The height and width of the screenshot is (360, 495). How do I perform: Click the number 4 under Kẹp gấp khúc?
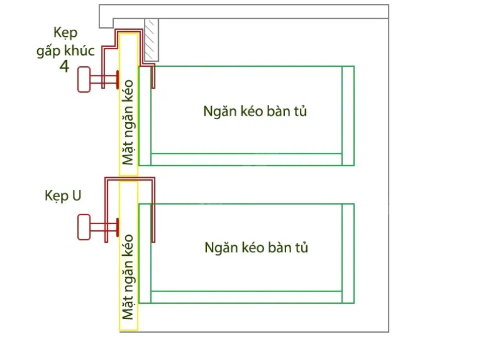(64, 66)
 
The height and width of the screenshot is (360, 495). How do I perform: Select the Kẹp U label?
(63, 196)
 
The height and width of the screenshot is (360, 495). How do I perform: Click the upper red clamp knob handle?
(84, 80)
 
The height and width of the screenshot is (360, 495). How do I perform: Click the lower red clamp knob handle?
(84, 226)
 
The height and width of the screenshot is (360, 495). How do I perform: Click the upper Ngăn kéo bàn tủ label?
(255, 111)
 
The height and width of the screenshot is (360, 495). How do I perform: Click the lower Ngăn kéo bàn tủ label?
(256, 247)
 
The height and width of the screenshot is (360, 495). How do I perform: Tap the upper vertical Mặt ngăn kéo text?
(128, 122)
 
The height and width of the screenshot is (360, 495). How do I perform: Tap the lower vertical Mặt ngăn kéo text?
(128, 277)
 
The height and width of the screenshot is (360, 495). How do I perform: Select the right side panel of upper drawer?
(348, 116)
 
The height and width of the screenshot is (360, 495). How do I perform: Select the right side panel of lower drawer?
(348, 253)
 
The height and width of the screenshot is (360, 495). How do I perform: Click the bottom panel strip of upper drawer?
(246, 159)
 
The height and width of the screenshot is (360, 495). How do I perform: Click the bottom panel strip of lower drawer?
(246, 297)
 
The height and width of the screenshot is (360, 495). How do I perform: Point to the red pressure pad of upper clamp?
(117, 80)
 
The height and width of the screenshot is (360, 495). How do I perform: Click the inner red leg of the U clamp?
(153, 211)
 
